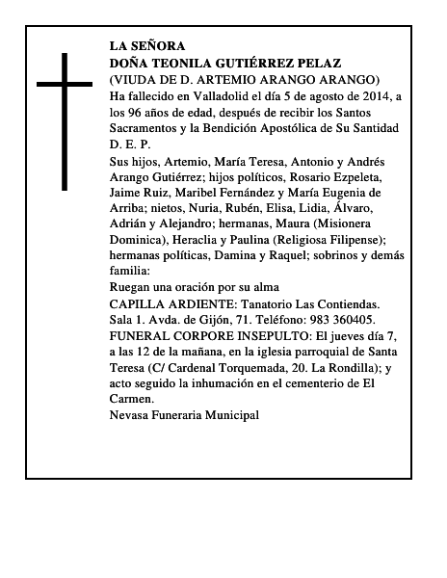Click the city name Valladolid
pos(235,95)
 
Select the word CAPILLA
pos(140,302)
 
